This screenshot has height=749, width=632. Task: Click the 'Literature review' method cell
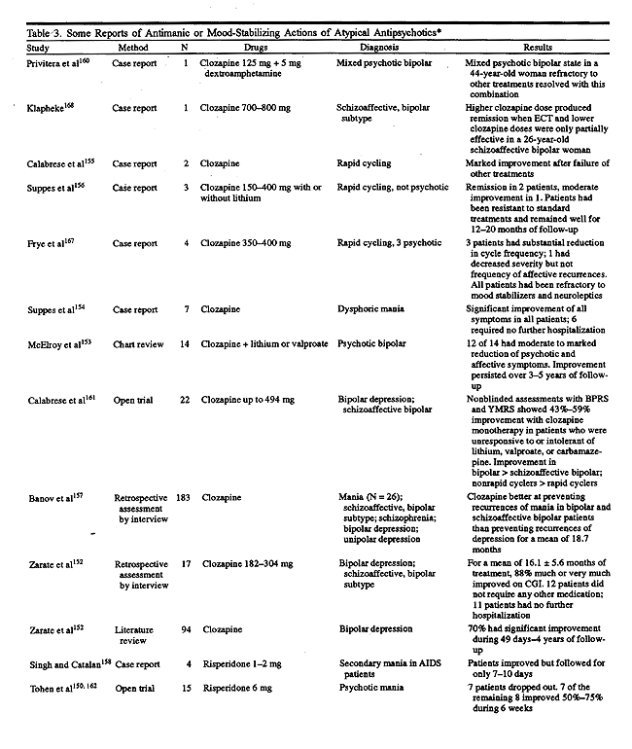tap(133, 636)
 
